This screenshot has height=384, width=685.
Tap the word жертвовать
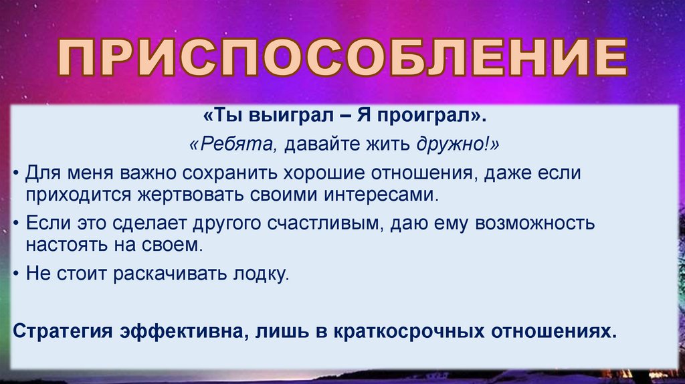[x=181, y=195]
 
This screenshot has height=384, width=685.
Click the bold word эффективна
[x=178, y=332]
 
